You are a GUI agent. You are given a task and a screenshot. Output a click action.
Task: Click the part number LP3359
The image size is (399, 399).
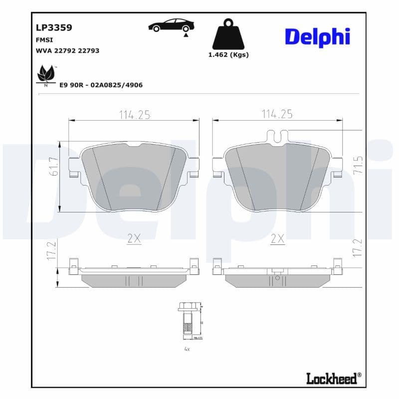tap(54, 27)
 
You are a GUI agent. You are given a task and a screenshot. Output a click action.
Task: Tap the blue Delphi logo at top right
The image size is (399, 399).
tap(317, 37)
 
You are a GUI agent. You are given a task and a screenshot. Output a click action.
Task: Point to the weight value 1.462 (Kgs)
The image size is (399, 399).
tap(228, 55)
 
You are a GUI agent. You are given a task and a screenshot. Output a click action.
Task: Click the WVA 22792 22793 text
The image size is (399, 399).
tap(68, 50)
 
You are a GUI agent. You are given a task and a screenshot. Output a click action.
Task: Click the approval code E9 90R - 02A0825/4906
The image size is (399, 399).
tap(101, 85)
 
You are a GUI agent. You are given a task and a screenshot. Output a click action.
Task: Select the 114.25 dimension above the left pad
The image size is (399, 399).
tap(134, 115)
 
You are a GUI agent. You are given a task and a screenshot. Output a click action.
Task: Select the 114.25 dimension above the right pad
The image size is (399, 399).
tap(277, 114)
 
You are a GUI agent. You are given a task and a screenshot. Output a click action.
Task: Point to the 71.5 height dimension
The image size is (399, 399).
tap(357, 165)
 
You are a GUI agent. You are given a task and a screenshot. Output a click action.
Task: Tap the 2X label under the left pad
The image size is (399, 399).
tap(134, 239)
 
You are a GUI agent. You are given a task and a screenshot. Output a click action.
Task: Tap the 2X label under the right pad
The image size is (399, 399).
tap(277, 239)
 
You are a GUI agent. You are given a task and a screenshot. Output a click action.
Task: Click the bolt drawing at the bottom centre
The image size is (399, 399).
tap(187, 322)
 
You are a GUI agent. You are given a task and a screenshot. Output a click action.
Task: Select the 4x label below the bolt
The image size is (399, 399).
tap(187, 349)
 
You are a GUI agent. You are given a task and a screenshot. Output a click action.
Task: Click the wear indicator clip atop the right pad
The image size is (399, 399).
tap(277, 135)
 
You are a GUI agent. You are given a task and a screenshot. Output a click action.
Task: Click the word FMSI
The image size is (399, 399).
tap(45, 39)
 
